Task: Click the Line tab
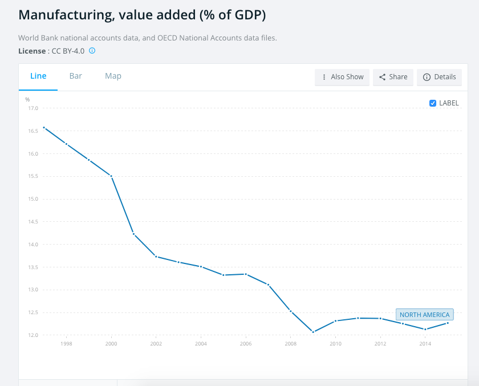coord(38,76)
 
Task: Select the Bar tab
coord(76,76)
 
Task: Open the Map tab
coord(113,76)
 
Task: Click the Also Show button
coord(342,77)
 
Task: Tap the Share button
coord(393,77)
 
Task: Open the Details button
coord(439,77)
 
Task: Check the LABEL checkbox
coord(433,103)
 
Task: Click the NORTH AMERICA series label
coord(424,315)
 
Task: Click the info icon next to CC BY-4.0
coord(92,51)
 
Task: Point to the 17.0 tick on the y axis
coord(33,108)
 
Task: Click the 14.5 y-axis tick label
coord(33,222)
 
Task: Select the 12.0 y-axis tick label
coord(33,335)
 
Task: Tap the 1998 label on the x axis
coord(67,344)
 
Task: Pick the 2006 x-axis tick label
coord(245,344)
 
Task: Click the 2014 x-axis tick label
coord(424,344)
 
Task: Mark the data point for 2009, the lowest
coord(313,332)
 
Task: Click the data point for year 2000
coord(111,176)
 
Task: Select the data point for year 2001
coord(133,234)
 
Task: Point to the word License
coord(32,51)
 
